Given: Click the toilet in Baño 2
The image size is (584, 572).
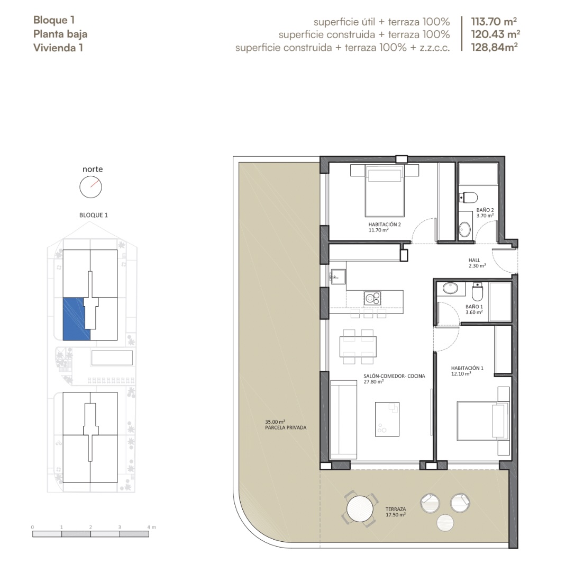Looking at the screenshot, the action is (468, 197).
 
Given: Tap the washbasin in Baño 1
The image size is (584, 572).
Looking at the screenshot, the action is (450, 288).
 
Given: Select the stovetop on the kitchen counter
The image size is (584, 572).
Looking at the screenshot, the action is (372, 298).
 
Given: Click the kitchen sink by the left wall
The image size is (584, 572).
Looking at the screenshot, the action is (338, 276).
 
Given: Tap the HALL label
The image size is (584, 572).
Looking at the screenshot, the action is (474, 260).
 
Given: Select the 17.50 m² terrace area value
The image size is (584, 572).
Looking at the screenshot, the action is (396, 515).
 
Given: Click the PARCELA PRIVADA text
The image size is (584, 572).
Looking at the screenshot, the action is (286, 428).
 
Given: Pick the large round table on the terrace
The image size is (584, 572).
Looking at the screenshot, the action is (360, 508).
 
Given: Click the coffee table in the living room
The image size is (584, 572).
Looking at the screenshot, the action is (387, 419).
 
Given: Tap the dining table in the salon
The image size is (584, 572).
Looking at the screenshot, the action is (358, 347).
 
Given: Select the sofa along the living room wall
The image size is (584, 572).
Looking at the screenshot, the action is (343, 419).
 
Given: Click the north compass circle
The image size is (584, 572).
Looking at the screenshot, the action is (90, 187).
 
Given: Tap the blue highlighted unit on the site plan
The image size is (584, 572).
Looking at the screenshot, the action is (76, 319).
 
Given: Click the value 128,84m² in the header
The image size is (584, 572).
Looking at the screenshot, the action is (494, 47).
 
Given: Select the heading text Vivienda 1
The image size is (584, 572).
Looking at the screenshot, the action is (58, 48).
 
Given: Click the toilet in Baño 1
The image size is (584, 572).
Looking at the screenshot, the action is (477, 292).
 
